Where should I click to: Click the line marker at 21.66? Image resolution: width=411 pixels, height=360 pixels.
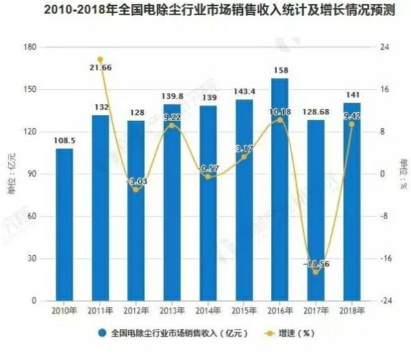(x=100, y=60)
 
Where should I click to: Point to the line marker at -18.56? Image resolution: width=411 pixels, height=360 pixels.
(x=315, y=272)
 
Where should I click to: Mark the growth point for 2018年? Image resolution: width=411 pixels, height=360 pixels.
(x=351, y=124)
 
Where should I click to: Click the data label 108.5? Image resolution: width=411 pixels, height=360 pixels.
(x=64, y=141)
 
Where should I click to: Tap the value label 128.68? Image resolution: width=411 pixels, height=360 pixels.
(x=315, y=112)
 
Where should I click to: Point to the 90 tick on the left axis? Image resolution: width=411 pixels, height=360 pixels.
(x=32, y=173)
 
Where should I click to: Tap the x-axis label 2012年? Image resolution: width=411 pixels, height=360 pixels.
(x=136, y=312)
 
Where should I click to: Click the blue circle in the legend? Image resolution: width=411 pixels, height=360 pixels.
(x=102, y=334)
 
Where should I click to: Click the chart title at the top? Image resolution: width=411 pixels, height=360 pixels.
(x=206, y=11)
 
